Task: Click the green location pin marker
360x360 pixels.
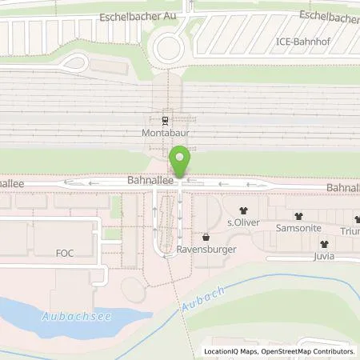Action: pos(181,161)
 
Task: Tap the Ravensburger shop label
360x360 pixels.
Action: pos(207,249)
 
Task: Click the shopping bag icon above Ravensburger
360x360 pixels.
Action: pos(207,237)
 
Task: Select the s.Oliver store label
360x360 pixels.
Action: pos(243,222)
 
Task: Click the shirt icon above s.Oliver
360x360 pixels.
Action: pos(243,210)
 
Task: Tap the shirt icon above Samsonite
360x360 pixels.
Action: pos(298,216)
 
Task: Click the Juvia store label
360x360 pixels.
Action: pos(324,257)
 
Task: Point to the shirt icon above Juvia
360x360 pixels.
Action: pos(324,244)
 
